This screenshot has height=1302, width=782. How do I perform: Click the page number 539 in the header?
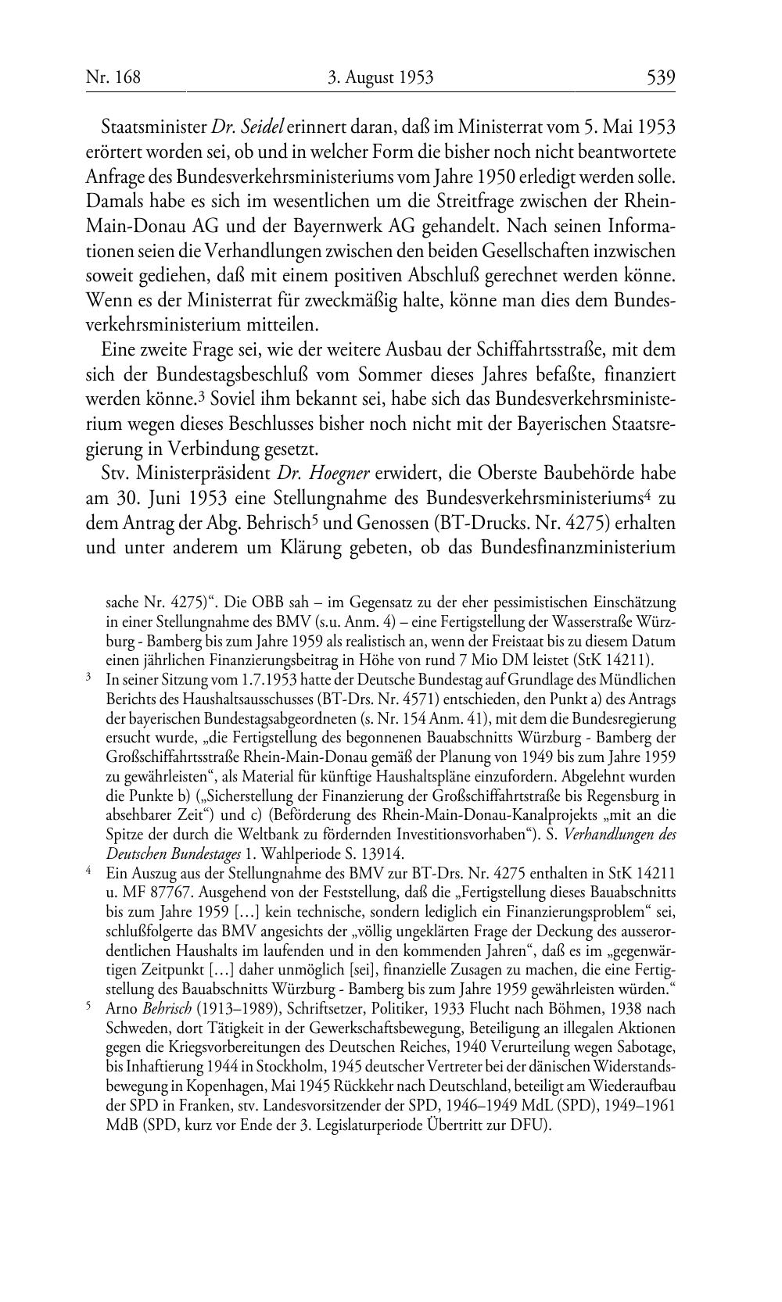[x=660, y=77]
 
